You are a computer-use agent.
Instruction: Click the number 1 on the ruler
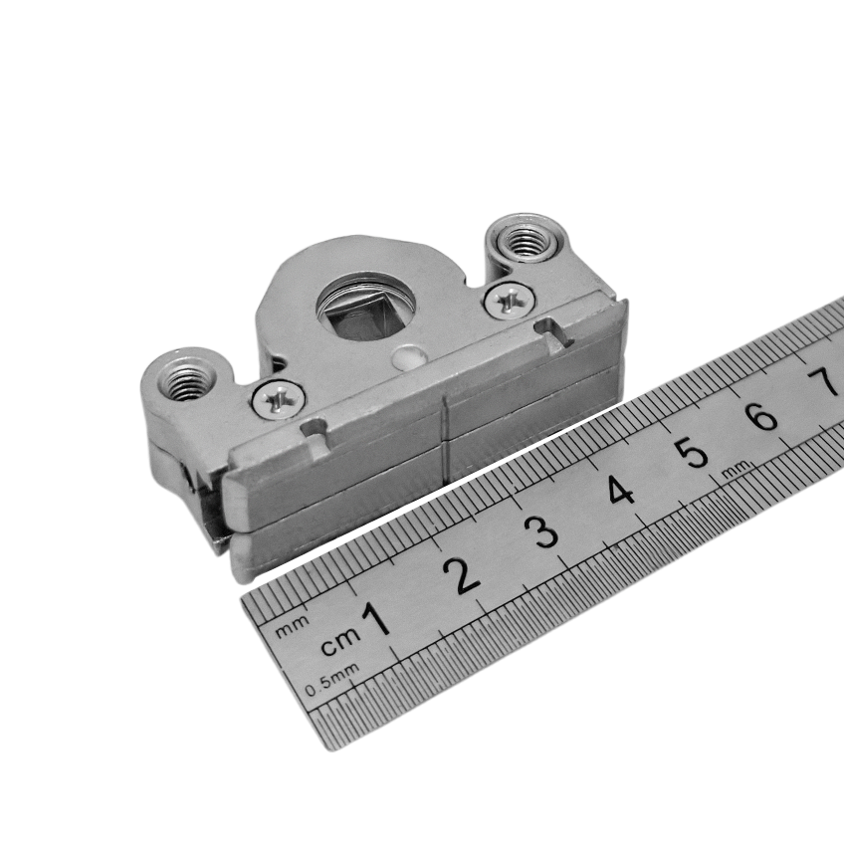pyautogui.click(x=376, y=619)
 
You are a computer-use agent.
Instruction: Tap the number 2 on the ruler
pyautogui.click(x=462, y=575)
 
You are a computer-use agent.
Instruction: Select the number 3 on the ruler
pyautogui.click(x=542, y=531)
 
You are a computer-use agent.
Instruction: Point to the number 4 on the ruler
pyautogui.click(x=620, y=491)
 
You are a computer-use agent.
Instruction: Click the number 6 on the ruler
pyautogui.click(x=762, y=415)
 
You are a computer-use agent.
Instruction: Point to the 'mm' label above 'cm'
pyautogui.click(x=293, y=626)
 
